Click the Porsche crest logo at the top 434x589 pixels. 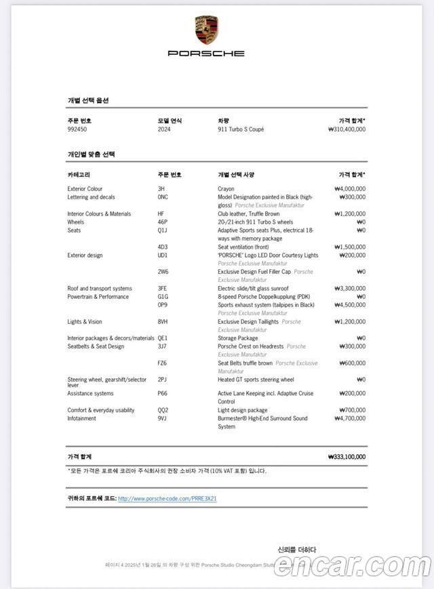206,30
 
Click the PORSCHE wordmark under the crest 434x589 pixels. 206,53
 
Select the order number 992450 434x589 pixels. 77,129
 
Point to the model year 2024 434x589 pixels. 164,129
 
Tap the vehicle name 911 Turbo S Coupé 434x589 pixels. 241,129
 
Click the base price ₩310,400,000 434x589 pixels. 346,129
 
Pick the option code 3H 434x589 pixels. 161,189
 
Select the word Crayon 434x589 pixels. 226,189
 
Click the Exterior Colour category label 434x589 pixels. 85,189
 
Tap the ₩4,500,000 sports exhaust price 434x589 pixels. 350,305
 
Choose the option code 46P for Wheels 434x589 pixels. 163,222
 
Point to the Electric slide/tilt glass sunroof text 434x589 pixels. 253,288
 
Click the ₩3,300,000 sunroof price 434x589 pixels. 350,288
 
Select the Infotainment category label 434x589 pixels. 81,418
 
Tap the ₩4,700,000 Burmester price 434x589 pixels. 350,418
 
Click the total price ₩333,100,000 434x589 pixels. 346,457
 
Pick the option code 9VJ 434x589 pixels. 162,418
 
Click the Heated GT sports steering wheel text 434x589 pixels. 256,380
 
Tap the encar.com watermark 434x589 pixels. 350,565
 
